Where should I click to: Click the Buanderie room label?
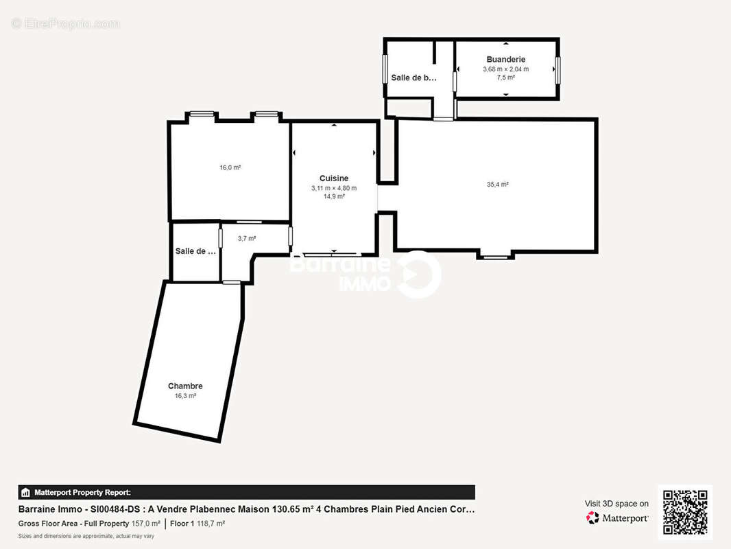tap(505, 60)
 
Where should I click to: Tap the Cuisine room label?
tap(334, 178)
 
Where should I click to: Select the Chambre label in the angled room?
tap(185, 386)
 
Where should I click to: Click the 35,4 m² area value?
tap(497, 184)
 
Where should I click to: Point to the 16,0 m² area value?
tap(230, 167)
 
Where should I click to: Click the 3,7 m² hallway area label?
tap(246, 239)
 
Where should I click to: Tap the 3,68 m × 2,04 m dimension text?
tap(505, 69)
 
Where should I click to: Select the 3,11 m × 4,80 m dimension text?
tap(334, 188)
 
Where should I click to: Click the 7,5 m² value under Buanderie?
tap(505, 78)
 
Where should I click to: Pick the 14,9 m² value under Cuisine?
tap(334, 196)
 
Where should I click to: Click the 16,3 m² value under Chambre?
tap(185, 396)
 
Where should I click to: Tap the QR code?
tap(685, 513)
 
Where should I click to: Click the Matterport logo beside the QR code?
tap(617, 518)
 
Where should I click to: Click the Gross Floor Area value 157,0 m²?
tap(145, 524)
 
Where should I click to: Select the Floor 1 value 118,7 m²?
tap(211, 524)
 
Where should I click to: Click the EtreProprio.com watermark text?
tap(66, 24)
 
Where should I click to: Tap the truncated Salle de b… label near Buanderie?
tap(414, 78)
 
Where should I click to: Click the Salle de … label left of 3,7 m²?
tap(195, 251)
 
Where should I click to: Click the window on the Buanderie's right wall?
tap(558, 69)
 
